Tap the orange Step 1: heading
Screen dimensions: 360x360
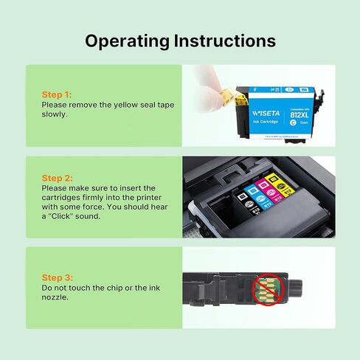(57, 95)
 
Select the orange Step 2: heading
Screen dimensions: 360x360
(58, 178)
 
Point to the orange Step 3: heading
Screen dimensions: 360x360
(58, 277)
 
